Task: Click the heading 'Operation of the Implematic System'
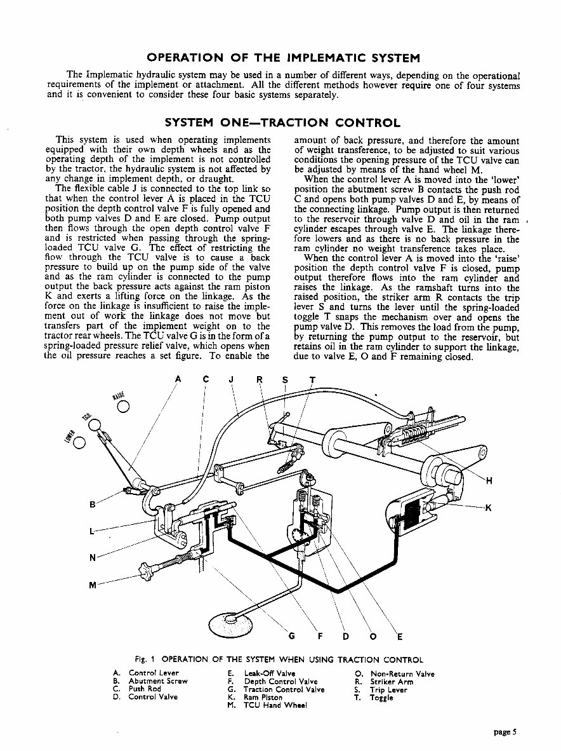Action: tap(282, 58)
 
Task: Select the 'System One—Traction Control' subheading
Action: tap(282, 123)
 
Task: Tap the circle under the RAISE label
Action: tap(124, 407)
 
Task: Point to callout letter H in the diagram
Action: tap(488, 480)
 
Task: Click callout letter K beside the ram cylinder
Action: tap(488, 507)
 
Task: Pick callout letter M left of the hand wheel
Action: tap(93, 585)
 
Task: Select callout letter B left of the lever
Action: tap(93, 505)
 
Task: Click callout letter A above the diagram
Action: tap(178, 380)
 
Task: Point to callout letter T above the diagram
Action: tap(312, 380)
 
